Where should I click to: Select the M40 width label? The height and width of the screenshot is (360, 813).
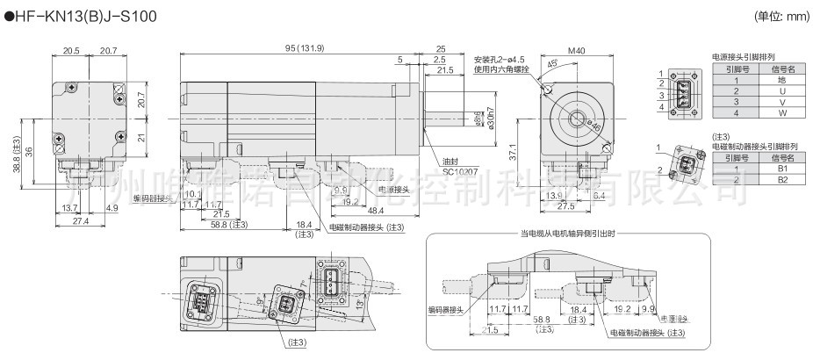coord(576,51)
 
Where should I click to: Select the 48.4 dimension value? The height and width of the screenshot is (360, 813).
coord(378,212)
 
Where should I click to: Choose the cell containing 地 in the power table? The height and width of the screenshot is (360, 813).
coord(780,80)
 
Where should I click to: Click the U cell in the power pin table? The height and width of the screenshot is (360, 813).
coord(780,90)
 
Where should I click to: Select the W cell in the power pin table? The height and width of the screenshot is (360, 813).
coord(780,112)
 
